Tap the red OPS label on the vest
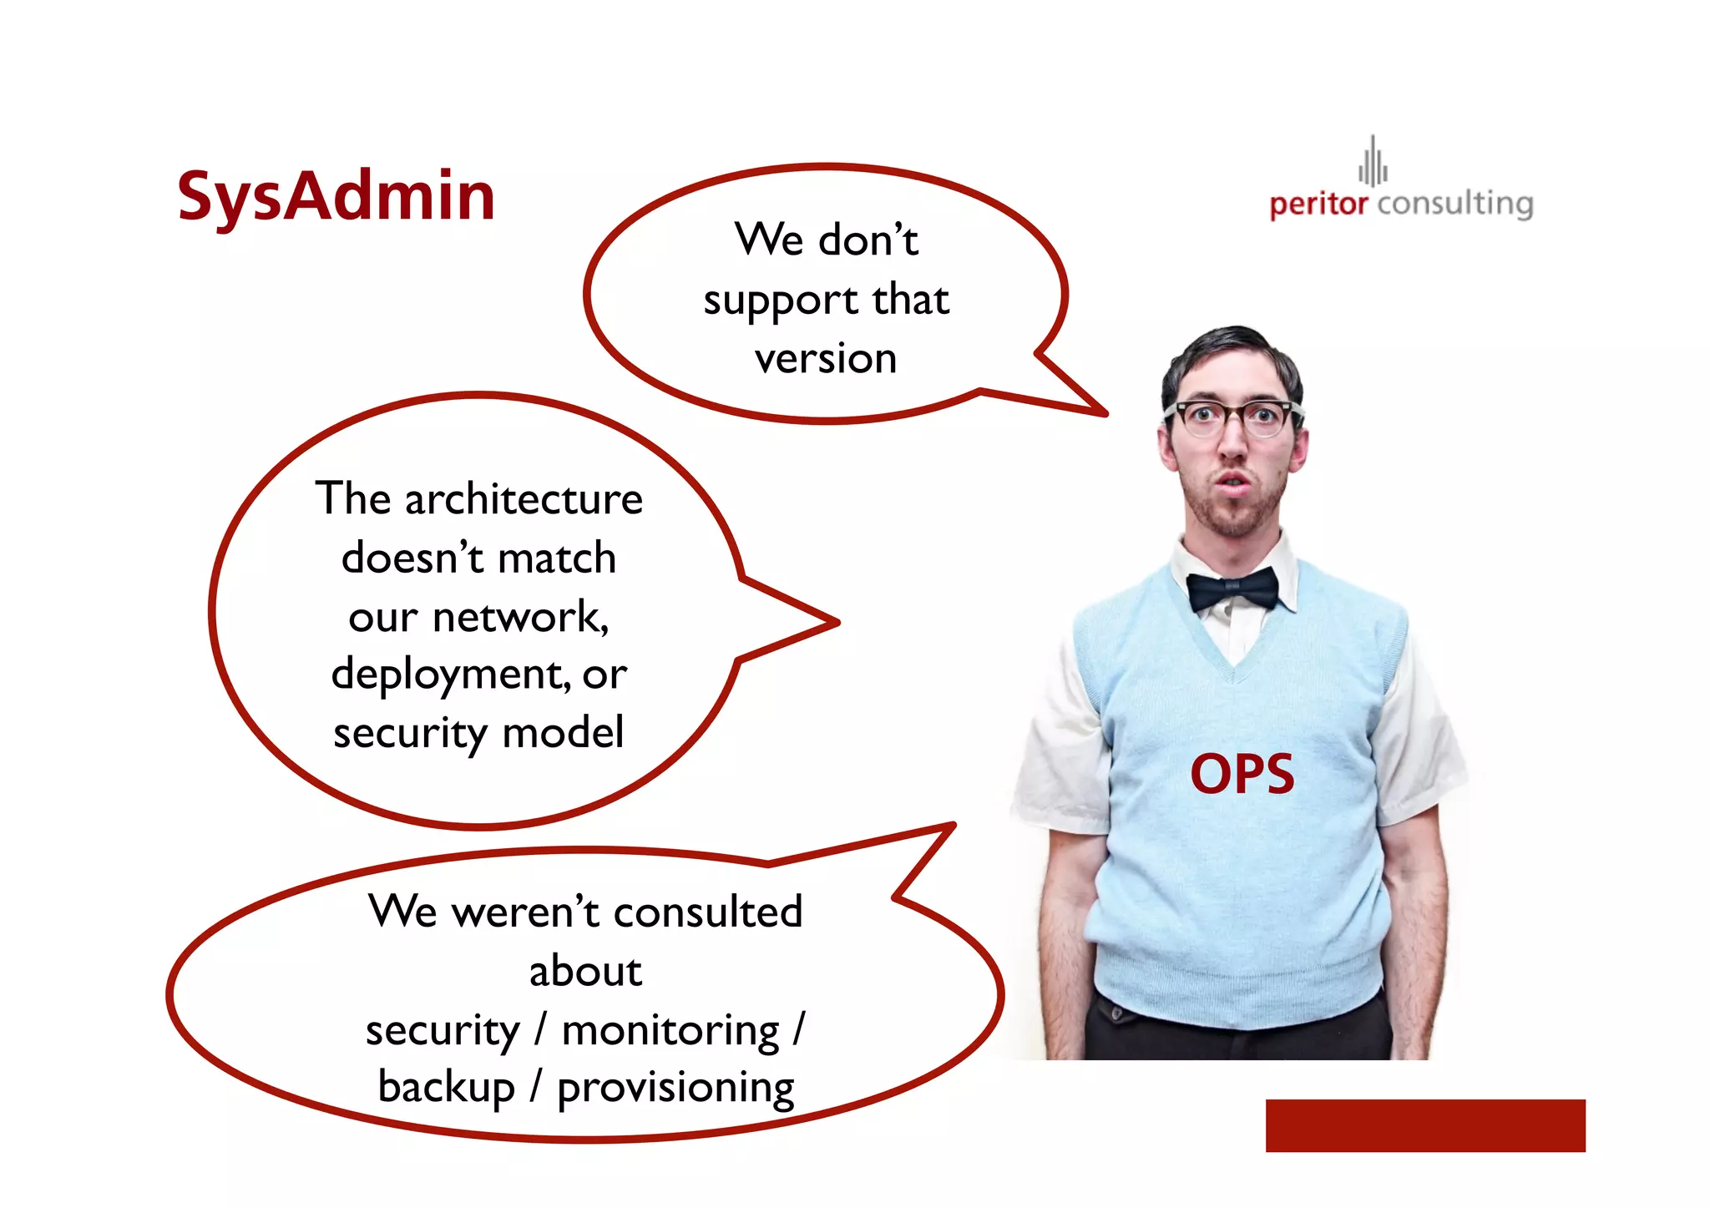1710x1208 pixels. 1242,774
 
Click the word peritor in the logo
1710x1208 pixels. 1318,205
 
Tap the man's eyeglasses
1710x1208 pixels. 1234,417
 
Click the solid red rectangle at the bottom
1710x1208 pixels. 1424,1125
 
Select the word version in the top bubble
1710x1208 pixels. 826,358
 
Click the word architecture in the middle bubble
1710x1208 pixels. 524,499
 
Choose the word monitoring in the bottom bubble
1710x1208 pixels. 670,1030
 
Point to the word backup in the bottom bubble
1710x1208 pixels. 446,1088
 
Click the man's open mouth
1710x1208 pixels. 1231,482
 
